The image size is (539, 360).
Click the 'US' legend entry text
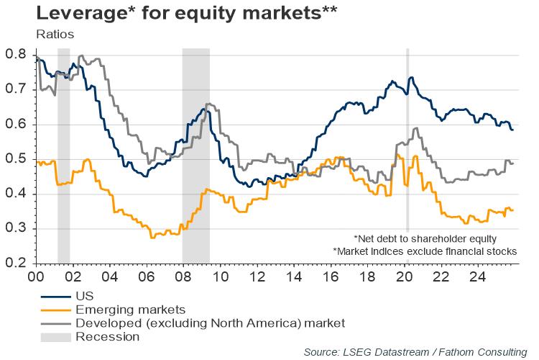84,295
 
